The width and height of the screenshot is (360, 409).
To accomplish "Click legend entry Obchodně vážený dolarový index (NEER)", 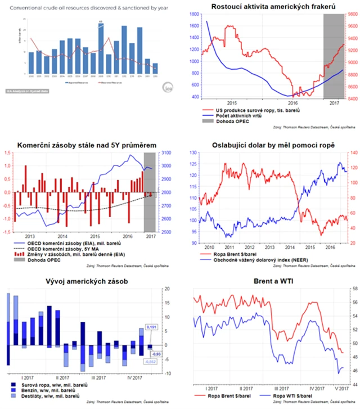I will [x=264, y=259].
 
